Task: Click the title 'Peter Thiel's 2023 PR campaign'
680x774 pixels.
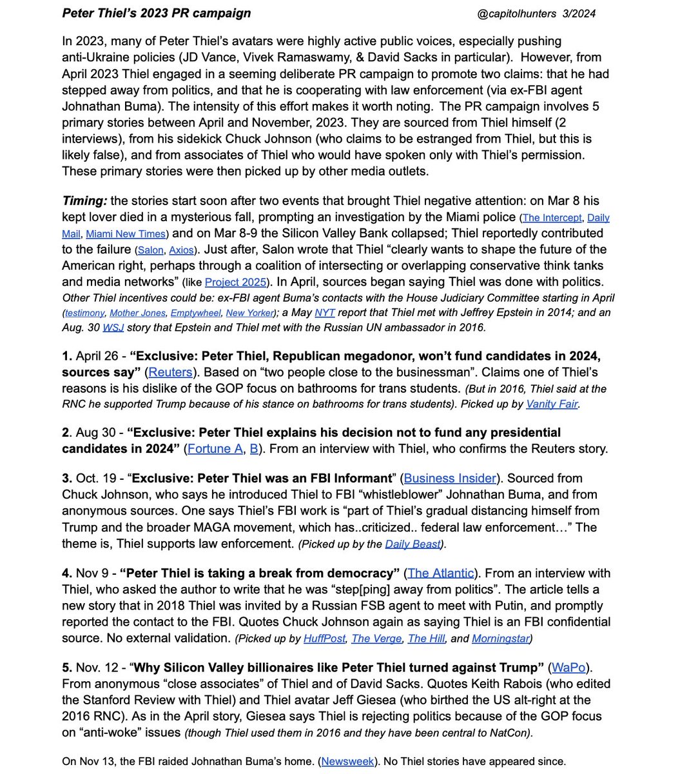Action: pos(157,14)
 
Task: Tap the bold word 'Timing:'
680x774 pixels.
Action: pos(84,201)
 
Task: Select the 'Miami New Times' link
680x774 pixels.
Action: pos(126,234)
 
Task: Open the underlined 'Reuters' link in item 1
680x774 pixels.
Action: pos(170,372)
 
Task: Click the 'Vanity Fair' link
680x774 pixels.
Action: pos(552,404)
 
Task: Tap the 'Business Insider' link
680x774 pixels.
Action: pos(450,478)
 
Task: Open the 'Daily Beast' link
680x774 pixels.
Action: pos(413,544)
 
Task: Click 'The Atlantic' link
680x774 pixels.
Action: pos(440,573)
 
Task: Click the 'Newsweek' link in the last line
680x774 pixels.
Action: pos(347,762)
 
